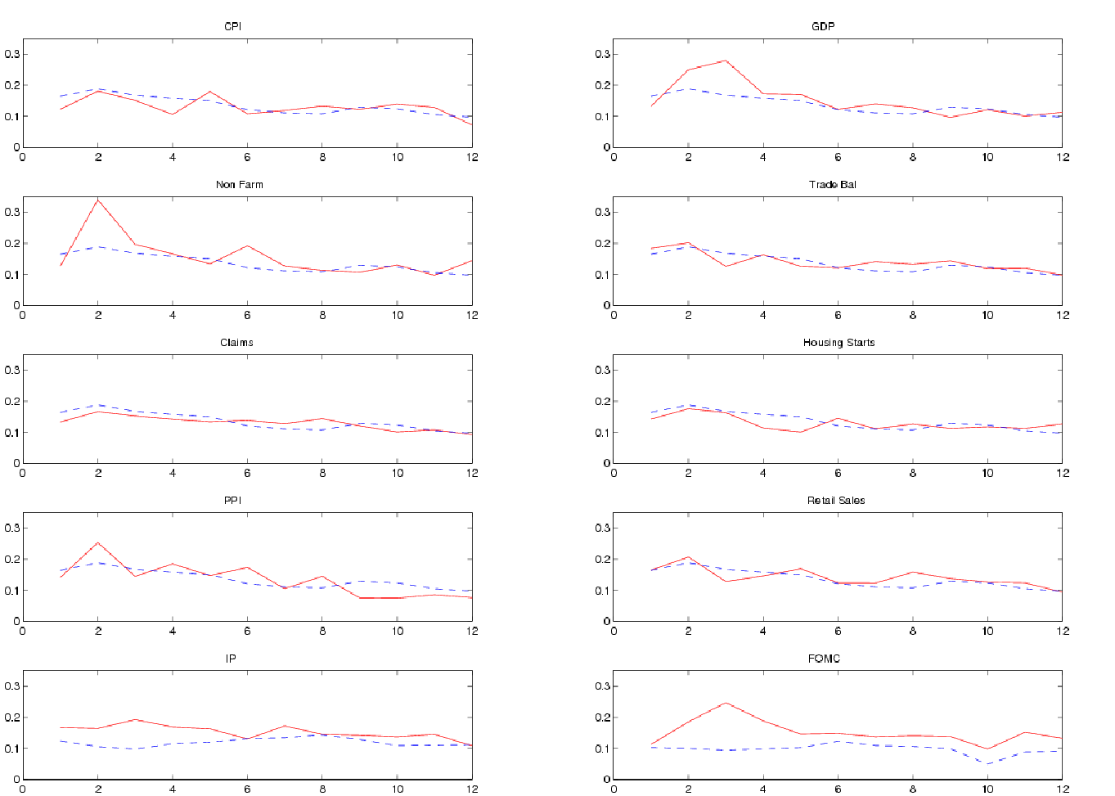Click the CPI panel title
[232, 27]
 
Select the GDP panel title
[823, 27]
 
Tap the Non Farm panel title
[240, 185]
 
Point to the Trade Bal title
[833, 185]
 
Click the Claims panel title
[236, 343]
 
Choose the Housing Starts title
[838, 343]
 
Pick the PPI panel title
[232, 501]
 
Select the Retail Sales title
[836, 501]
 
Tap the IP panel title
[231, 659]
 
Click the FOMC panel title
[824, 659]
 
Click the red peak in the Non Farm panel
[98, 200]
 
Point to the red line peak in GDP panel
[726, 61]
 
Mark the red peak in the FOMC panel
[726, 703]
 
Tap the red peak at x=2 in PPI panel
[98, 542]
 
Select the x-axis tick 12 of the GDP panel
[1063, 157]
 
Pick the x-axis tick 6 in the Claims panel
[247, 473]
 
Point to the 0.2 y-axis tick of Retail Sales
[602, 560]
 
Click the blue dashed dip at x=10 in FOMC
[988, 764]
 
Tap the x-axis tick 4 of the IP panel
[173, 789]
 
